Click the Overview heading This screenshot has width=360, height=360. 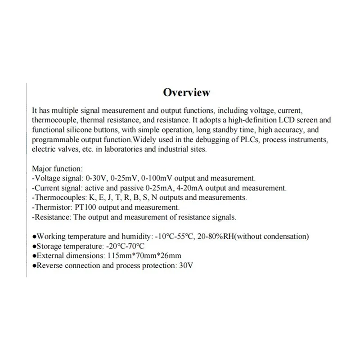[186, 92]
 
